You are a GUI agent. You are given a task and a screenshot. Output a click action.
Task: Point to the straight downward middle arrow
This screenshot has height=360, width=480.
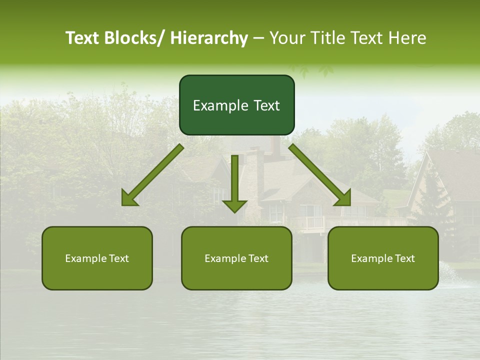coord(235,175)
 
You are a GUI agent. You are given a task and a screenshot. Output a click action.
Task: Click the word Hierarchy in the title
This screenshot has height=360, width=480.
coord(208,38)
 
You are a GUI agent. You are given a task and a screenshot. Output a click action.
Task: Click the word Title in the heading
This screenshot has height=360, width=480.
coord(327,38)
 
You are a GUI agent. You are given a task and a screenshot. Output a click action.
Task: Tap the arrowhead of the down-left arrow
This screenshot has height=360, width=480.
coord(130,199)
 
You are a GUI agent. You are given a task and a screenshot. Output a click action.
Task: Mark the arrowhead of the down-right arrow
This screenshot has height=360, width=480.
coord(343,198)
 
